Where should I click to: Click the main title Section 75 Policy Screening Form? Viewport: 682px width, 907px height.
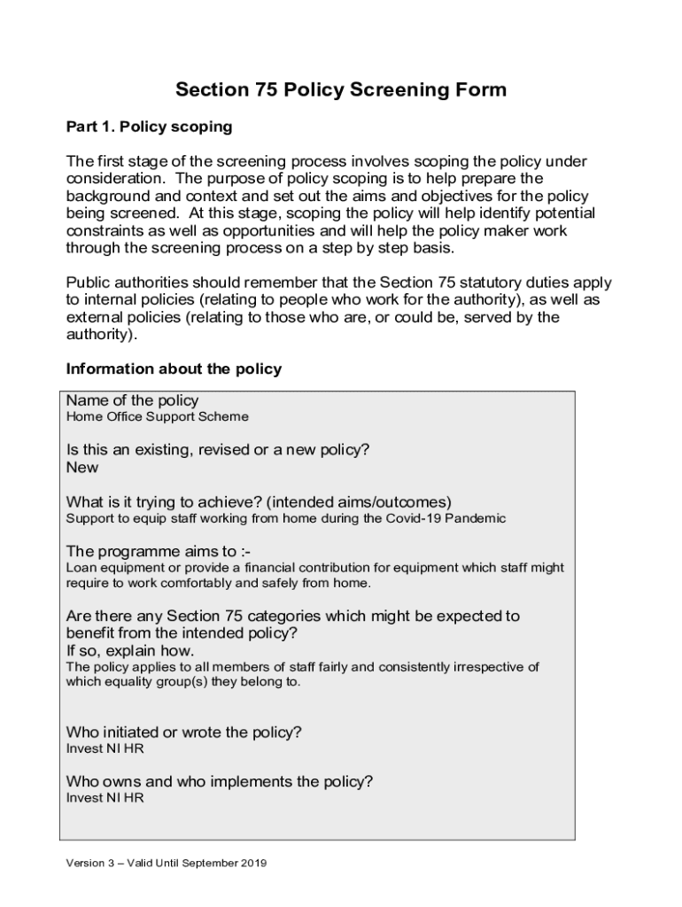(x=341, y=89)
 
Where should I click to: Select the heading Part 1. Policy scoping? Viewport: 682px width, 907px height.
(x=149, y=127)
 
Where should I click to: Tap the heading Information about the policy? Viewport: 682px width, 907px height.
(x=174, y=368)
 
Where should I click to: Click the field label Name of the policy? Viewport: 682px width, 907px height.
(x=133, y=400)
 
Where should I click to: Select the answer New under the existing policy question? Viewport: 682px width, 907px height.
(x=82, y=467)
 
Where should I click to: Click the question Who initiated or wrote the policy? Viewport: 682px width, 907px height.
(x=184, y=733)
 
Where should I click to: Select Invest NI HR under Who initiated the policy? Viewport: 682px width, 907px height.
(x=105, y=748)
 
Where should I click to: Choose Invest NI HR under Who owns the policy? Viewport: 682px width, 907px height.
(x=105, y=798)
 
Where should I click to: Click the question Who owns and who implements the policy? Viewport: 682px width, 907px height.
(x=220, y=781)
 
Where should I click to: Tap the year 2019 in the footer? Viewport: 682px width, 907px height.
(x=253, y=863)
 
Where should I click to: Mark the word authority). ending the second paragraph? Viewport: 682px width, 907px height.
(x=102, y=335)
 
